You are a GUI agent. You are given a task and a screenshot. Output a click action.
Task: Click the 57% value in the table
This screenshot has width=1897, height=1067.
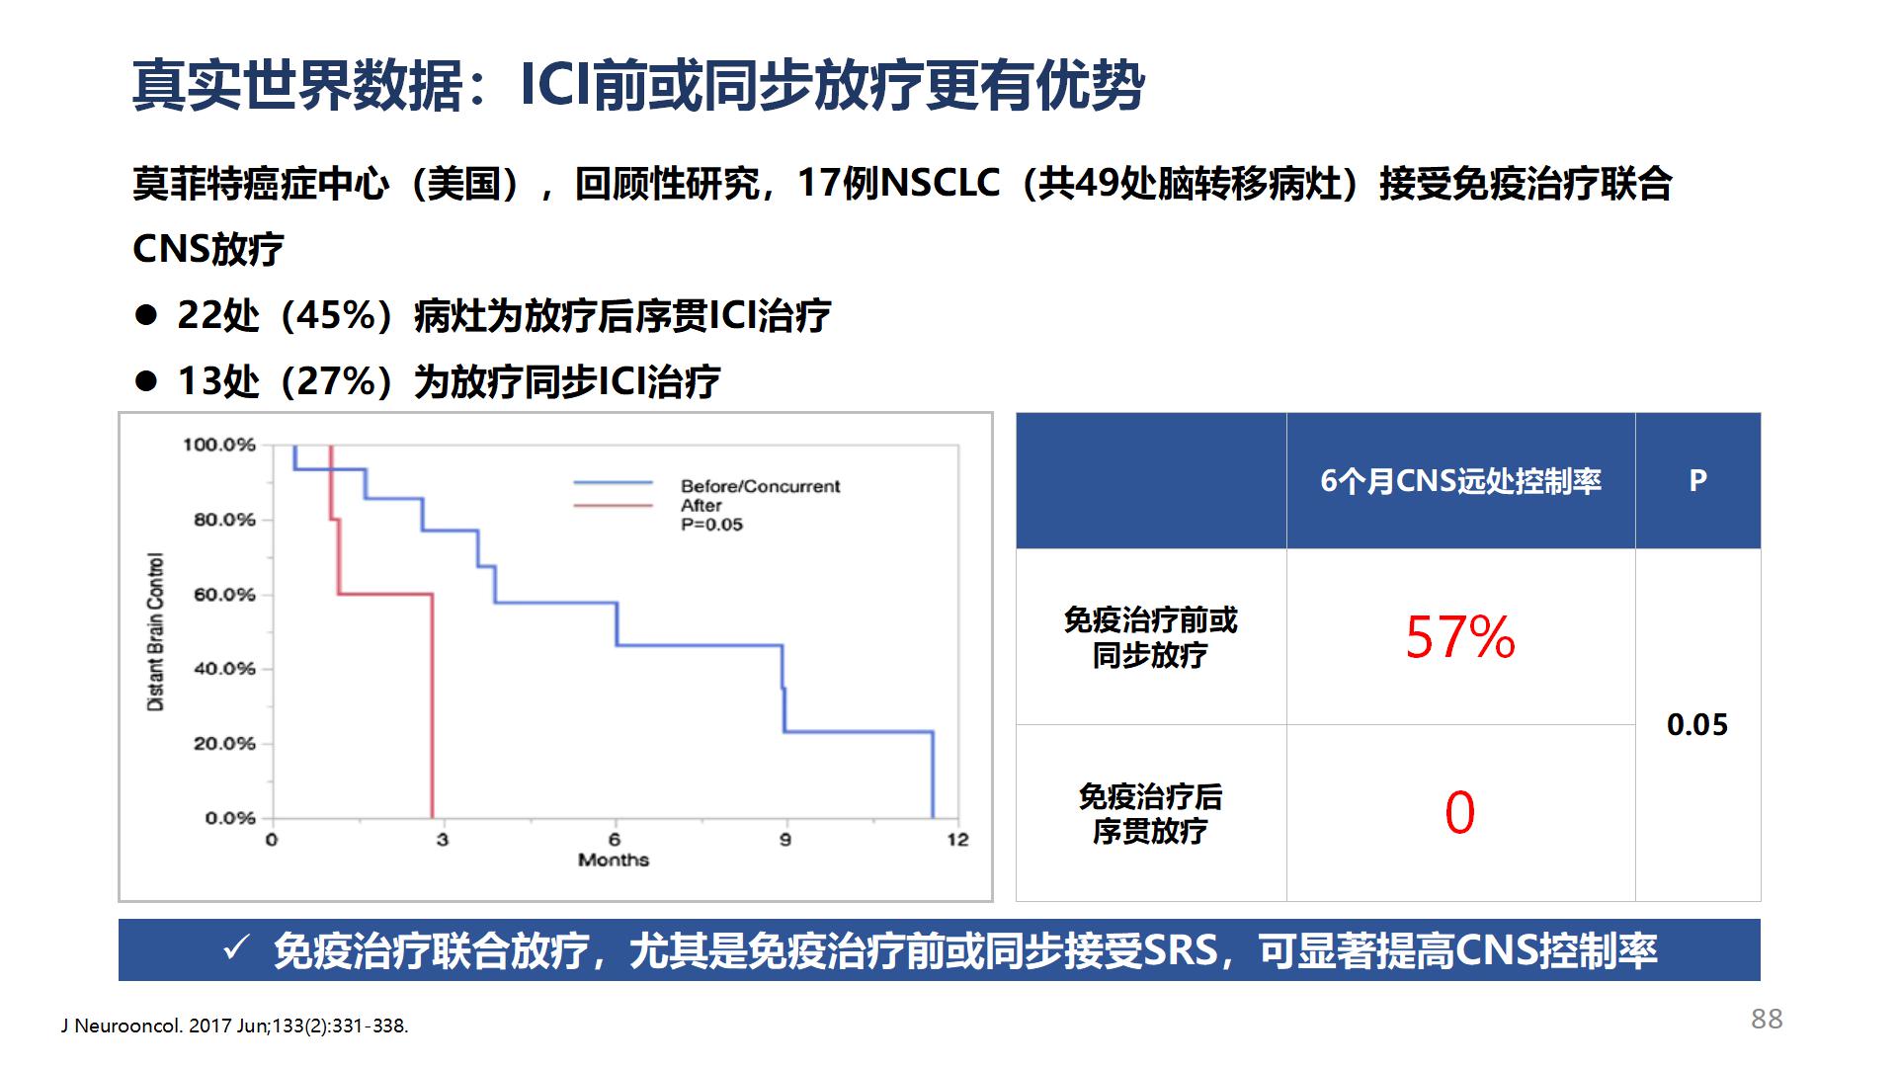(1460, 637)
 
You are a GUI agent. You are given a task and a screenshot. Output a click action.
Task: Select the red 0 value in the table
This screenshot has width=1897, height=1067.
(1460, 813)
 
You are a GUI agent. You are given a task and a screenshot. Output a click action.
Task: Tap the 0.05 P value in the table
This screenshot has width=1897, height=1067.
(1697, 725)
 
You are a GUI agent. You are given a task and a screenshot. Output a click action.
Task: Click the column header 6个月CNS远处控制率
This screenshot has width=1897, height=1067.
(1460, 481)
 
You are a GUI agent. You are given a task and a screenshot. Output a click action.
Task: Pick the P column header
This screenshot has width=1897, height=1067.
(1697, 481)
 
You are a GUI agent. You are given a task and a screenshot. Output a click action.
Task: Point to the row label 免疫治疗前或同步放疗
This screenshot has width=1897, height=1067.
(1150, 637)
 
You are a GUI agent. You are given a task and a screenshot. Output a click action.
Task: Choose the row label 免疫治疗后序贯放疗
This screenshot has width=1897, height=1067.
(1150, 814)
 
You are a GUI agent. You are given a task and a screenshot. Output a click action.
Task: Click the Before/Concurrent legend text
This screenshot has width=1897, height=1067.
(760, 486)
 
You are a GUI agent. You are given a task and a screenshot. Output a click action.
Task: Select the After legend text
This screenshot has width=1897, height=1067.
(701, 505)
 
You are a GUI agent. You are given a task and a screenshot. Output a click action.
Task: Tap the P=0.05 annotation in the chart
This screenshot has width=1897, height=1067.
(711, 525)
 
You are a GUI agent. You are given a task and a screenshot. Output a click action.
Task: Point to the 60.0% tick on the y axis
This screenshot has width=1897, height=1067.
(224, 595)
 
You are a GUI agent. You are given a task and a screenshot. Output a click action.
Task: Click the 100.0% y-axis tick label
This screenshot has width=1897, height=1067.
(219, 445)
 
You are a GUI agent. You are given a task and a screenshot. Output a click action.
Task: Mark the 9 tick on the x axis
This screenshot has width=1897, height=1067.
(785, 840)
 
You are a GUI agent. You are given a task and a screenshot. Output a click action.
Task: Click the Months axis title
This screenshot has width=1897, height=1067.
(614, 860)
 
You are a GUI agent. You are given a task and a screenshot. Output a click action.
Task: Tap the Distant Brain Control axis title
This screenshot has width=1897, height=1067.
(155, 632)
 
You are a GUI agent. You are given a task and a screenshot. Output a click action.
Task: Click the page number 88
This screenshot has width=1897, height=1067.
(1767, 1019)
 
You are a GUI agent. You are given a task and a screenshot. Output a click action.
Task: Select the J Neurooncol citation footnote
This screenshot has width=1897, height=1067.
(234, 1026)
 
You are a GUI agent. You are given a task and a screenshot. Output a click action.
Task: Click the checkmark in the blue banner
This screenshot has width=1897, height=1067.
(236, 949)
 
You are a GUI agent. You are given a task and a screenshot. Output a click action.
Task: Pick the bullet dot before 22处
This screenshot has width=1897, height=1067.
(146, 316)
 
